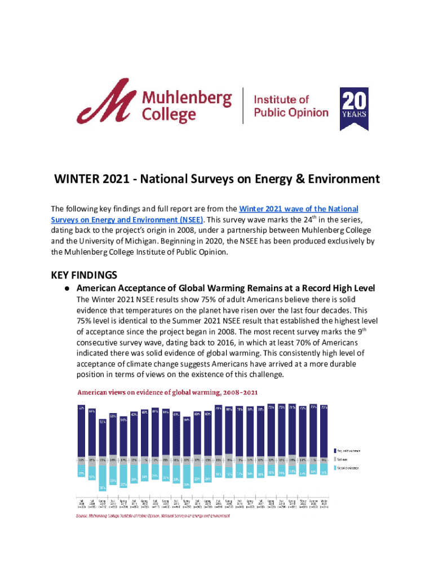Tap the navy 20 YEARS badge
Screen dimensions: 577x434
click(x=353, y=108)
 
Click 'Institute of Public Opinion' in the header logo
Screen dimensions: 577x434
click(x=290, y=106)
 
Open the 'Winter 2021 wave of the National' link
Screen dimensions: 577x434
click(x=299, y=210)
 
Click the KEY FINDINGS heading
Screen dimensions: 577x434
click(x=84, y=275)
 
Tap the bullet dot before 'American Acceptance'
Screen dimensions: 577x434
click(x=66, y=288)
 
